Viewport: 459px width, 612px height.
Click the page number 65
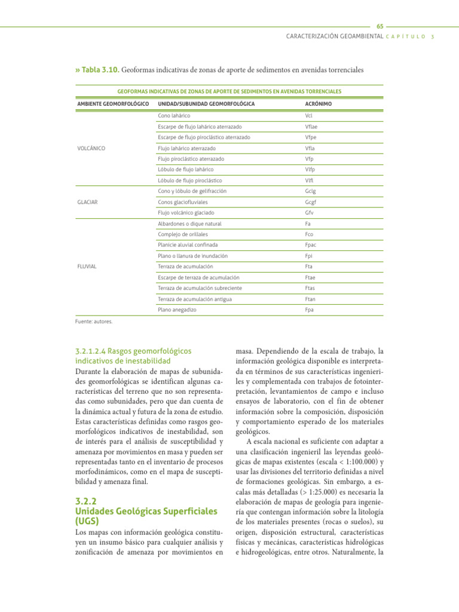click(x=380, y=27)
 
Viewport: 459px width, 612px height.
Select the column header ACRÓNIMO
click(x=318, y=104)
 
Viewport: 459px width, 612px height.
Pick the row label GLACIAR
click(x=88, y=202)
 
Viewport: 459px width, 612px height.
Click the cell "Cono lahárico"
click(x=174, y=115)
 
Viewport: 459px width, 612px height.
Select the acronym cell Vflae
click(x=312, y=126)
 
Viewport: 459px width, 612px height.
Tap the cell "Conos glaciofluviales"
click(x=183, y=202)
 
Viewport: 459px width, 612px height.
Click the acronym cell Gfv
click(x=309, y=213)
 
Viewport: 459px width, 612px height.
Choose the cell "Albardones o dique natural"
click(x=189, y=224)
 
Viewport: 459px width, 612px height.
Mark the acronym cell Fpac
click(x=311, y=245)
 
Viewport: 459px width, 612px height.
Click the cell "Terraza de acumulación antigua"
click(x=194, y=299)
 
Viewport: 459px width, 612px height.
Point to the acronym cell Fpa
click(x=310, y=310)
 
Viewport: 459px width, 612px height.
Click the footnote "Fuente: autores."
click(x=94, y=321)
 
